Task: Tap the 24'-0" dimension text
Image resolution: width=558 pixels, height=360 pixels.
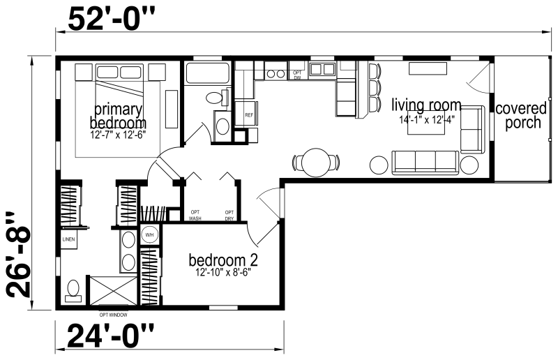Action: (111, 335)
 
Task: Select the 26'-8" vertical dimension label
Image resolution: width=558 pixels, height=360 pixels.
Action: (19, 254)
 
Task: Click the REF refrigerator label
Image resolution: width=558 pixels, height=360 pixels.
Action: (249, 115)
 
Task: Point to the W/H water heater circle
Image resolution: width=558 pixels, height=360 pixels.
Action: (149, 234)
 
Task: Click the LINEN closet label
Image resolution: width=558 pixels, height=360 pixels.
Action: (68, 239)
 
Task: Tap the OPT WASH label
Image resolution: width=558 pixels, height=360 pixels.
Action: (195, 216)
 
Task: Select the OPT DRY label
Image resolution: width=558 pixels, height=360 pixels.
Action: (229, 216)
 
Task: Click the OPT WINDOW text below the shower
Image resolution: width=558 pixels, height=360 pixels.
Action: (113, 315)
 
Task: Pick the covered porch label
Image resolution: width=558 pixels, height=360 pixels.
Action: (521, 115)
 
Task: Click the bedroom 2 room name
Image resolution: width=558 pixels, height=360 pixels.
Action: (223, 260)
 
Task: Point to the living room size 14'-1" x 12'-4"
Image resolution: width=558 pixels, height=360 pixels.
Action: (427, 119)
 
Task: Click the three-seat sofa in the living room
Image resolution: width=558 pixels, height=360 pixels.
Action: (425, 163)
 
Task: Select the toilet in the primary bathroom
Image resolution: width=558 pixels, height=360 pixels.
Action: (73, 291)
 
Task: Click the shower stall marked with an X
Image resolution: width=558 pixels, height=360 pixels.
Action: (113, 290)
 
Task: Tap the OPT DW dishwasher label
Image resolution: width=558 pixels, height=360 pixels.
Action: (297, 75)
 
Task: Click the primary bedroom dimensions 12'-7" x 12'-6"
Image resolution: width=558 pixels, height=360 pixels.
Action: (118, 135)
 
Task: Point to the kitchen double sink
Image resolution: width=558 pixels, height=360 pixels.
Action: (322, 69)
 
